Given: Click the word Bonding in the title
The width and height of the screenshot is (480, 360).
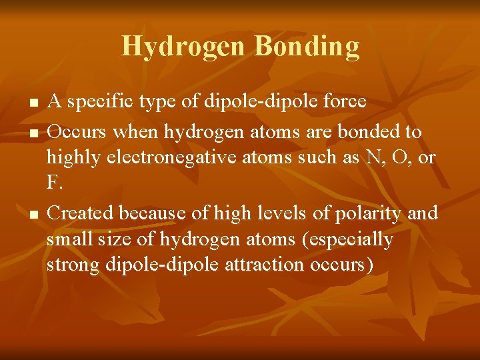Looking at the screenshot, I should tap(307, 47).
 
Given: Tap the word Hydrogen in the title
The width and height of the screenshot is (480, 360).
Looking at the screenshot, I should tap(185, 47).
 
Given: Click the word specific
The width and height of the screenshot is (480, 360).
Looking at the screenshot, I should tap(98, 102).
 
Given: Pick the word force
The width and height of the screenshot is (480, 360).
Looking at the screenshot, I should tap(343, 102).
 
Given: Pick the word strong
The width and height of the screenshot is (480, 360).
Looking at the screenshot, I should tap(73, 264).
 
